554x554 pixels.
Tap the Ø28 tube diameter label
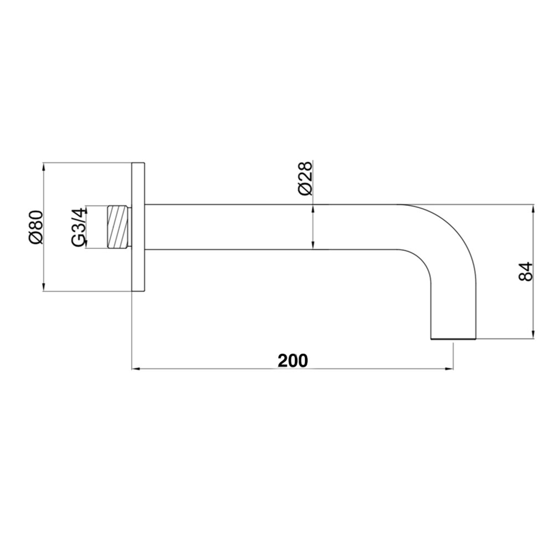[x=305, y=178]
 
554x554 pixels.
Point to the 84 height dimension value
[x=526, y=271]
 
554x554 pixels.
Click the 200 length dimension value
[x=293, y=360]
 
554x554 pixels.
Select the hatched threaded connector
[x=117, y=227]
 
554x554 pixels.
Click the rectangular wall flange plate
[x=138, y=227]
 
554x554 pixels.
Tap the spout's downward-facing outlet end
[x=453, y=337]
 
